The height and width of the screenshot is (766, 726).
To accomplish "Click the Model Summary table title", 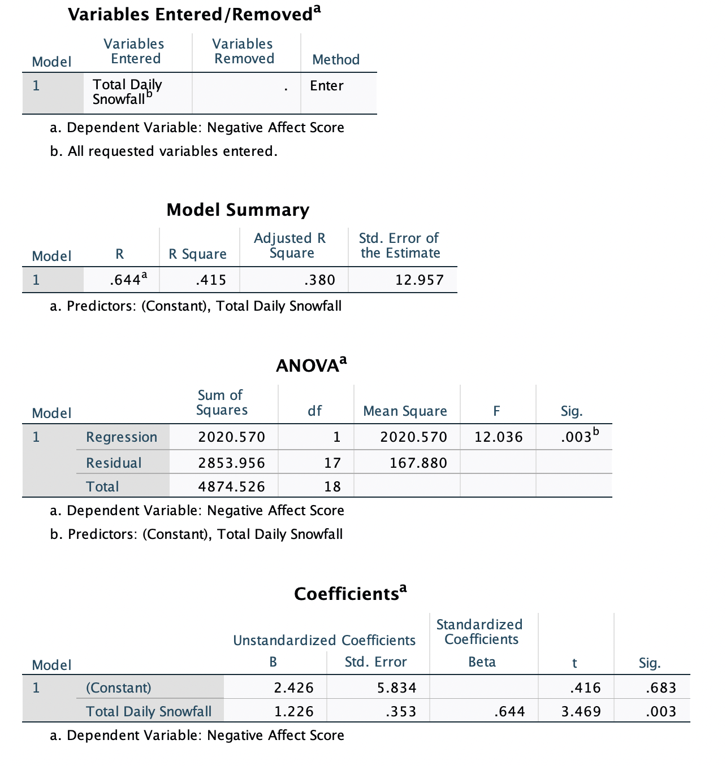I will point(237,210).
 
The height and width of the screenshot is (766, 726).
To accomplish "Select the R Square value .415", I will point(210,280).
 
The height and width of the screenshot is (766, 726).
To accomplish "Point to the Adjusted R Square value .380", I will point(319,280).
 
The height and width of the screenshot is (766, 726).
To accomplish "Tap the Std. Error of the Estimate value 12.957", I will point(419,280).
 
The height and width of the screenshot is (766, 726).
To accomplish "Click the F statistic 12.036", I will point(498,437).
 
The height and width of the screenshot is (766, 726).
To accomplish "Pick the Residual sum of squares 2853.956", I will point(231,463).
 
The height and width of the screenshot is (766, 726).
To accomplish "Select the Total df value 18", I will point(332,486).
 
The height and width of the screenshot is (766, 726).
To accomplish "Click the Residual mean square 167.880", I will point(418,463).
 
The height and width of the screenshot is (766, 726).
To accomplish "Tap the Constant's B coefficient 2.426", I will point(293,687).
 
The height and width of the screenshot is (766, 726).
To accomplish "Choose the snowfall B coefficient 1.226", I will point(293,711).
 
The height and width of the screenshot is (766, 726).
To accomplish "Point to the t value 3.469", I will point(581,711).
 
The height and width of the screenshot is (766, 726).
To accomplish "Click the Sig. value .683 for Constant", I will point(660,687).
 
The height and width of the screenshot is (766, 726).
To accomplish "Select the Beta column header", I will point(482,662).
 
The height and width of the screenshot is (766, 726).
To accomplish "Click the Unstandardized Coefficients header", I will point(324,640).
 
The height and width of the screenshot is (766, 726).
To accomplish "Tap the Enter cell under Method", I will point(326,85).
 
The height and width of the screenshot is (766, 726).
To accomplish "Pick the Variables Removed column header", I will point(243,51).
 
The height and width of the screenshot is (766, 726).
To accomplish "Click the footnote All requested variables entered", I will point(172,151).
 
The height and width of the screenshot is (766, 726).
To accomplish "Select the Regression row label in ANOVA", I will point(122,437).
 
